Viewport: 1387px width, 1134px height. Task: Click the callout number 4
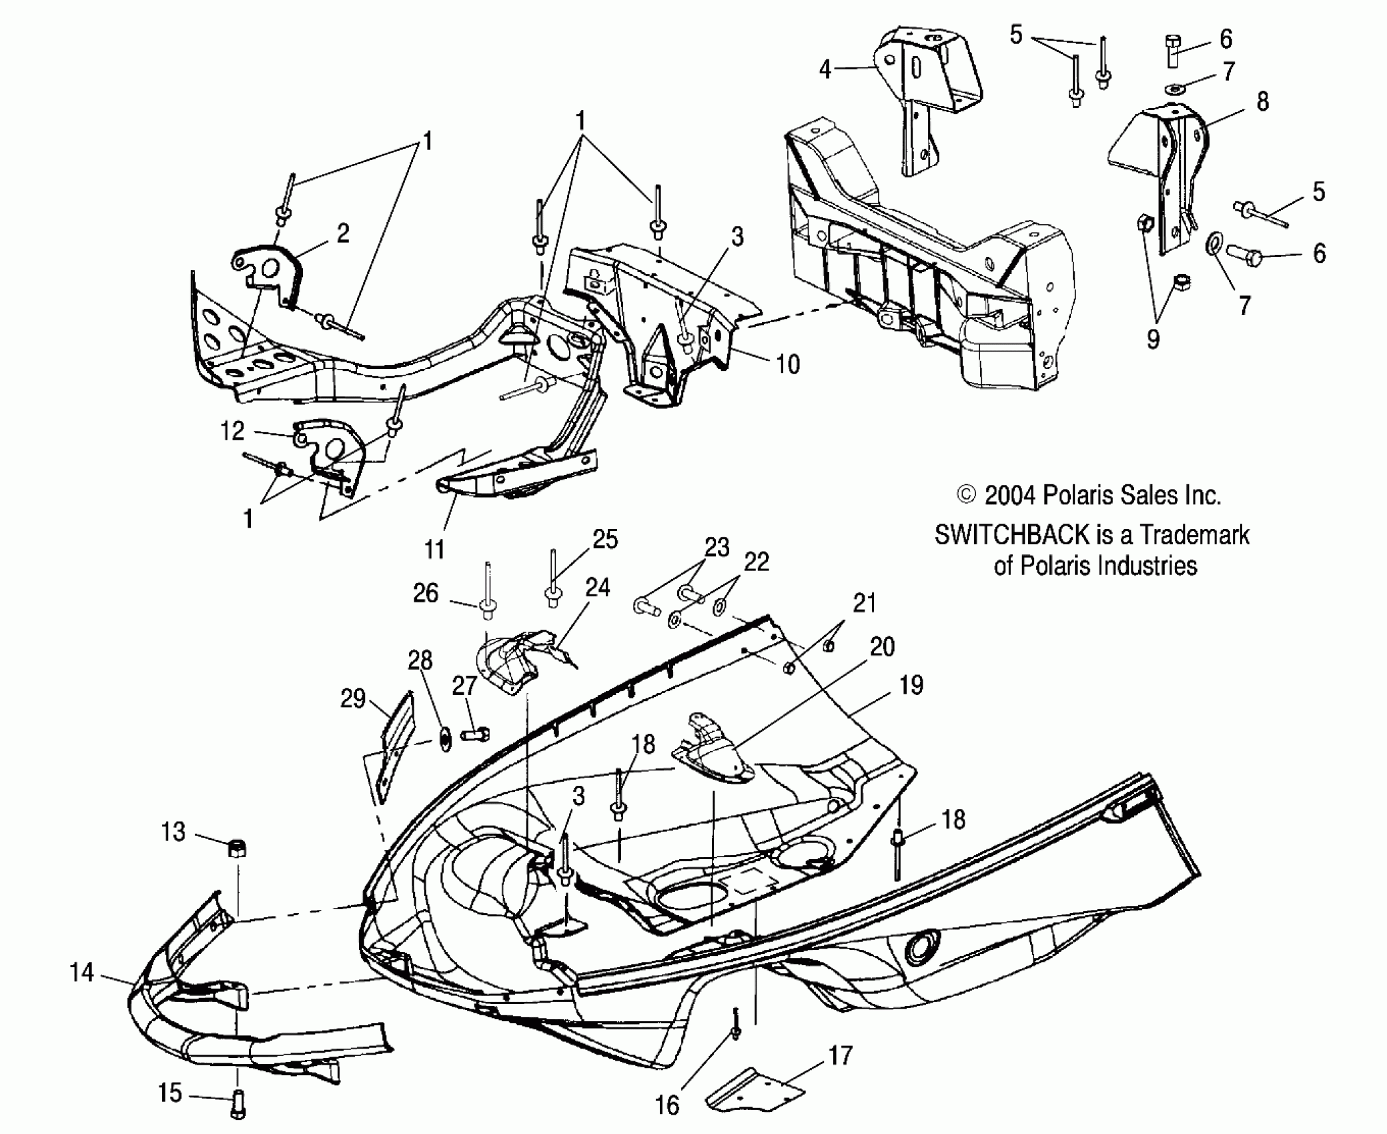pos(825,69)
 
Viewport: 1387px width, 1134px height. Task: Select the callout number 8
pos(1262,102)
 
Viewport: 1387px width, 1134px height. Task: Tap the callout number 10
pos(788,364)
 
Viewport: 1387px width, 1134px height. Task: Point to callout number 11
pos(434,550)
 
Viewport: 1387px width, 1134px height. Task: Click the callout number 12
pos(232,432)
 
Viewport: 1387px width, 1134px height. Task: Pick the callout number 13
pos(173,832)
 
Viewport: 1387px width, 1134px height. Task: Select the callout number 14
pos(81,973)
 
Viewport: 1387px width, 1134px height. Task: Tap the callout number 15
pos(169,1093)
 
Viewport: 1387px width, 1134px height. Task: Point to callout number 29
pos(352,698)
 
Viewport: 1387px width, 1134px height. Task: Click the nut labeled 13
pos(238,848)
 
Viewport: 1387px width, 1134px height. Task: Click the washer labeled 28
pos(444,740)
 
